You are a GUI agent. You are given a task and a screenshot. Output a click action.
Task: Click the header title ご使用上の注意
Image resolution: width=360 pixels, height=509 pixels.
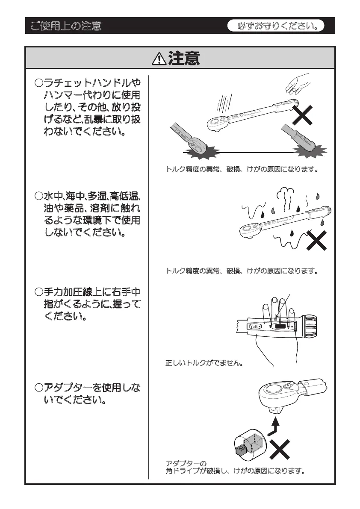pos(66,26)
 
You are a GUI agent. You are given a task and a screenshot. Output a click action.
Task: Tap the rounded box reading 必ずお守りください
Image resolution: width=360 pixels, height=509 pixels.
pos(280,26)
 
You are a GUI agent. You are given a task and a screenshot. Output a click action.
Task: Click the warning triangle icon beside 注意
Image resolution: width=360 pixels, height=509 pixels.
pos(159,59)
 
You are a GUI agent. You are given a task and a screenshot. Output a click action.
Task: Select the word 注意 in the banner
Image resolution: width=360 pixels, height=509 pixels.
pos(184,59)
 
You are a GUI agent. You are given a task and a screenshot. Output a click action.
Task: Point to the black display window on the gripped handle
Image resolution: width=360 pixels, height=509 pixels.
pos(280,327)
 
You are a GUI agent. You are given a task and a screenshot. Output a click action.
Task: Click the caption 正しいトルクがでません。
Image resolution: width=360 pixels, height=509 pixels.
pos(204,364)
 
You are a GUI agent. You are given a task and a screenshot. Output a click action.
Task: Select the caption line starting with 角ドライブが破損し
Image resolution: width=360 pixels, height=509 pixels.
pos(235,471)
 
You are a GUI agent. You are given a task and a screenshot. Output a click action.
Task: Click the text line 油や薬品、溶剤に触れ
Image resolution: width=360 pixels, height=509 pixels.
pos(92,209)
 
